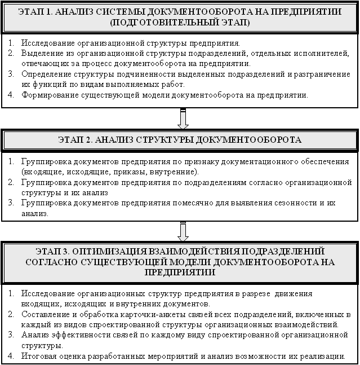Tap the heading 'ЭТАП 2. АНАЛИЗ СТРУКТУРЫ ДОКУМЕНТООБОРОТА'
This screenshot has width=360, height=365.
point(180,139)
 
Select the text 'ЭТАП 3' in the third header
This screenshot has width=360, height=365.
point(54,251)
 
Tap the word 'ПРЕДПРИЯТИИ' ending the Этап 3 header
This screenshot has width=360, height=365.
point(180,271)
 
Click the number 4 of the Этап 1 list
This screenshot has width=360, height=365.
point(11,95)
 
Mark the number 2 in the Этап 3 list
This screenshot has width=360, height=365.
point(11,315)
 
